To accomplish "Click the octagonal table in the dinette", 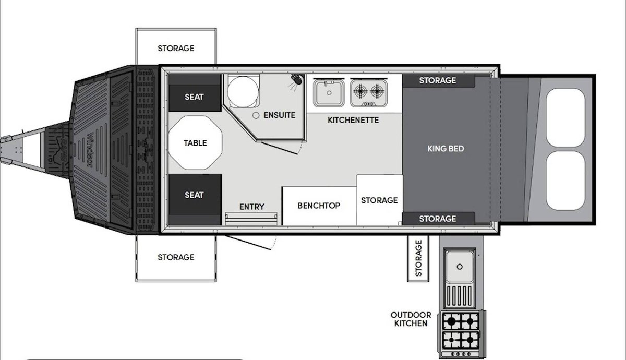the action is tap(195, 142).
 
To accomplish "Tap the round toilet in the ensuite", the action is tap(243, 91).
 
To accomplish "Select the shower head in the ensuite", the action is tap(297, 79).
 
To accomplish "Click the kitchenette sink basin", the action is tap(329, 93).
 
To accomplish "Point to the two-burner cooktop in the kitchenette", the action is tap(369, 93).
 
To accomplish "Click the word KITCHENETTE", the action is tap(353, 120).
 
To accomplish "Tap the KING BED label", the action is tap(446, 149).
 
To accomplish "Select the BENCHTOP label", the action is tap(319, 206).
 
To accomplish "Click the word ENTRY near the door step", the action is tap(252, 207).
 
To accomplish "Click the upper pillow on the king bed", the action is tap(565, 117).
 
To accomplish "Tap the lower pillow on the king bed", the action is tap(565, 181).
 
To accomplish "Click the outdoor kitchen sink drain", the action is tap(460, 267).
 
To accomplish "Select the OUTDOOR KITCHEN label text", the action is tap(411, 319).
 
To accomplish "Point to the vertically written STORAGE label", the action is tap(418, 258).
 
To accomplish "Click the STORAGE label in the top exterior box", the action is tap(176, 49).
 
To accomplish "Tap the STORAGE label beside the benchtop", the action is tap(379, 200).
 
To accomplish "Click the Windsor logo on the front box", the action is tap(90, 150).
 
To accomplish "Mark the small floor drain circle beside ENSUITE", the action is tap(256, 115).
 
